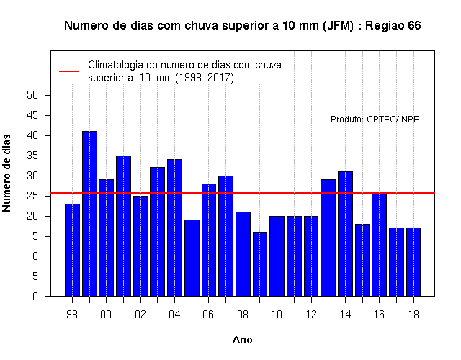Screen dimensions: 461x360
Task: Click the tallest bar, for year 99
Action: point(89,214)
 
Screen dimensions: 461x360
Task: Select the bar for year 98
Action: point(72,250)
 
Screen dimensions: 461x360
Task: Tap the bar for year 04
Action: point(174,228)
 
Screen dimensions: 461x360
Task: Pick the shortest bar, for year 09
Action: point(260,264)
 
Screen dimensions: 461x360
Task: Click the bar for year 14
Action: point(345,234)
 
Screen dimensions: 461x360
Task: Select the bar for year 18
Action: point(413,262)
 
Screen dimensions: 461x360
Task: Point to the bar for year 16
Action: point(380,244)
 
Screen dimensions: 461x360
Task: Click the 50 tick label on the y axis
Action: point(32,95)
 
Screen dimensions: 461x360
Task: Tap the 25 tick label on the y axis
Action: point(32,196)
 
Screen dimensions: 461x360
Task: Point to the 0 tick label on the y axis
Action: point(35,296)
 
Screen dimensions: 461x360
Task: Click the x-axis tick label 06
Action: point(208,315)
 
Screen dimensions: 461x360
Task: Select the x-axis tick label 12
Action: point(311,315)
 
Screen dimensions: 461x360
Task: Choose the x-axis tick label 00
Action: point(106,315)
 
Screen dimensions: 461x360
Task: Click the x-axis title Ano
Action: point(242,340)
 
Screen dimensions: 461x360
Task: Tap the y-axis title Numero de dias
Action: point(6,173)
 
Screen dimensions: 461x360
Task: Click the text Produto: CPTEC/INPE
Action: point(375,120)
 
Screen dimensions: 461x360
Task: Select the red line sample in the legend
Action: point(69,71)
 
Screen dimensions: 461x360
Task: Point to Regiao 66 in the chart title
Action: point(393,26)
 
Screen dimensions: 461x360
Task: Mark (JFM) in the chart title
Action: point(338,26)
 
